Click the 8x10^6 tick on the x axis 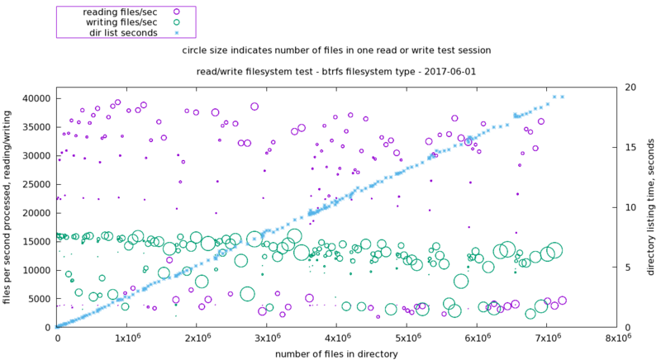(617, 339)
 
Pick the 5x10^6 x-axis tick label (407, 339)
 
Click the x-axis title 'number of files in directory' (336, 353)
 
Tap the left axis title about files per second (7, 206)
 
